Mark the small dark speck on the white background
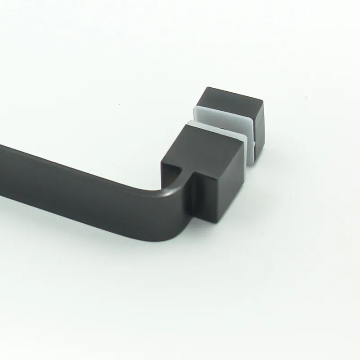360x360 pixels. coord(306,97)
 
